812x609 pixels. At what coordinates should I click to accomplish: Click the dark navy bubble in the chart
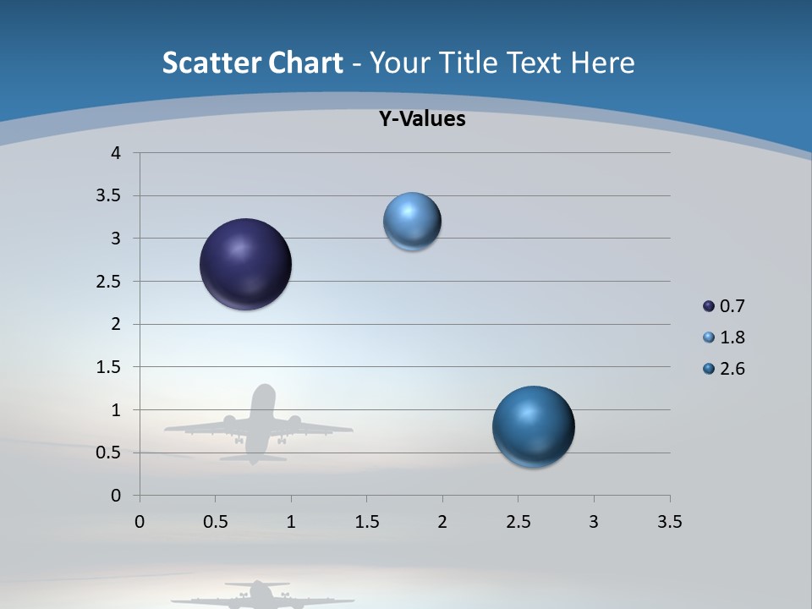click(x=245, y=264)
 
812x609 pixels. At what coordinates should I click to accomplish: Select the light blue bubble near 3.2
click(x=412, y=222)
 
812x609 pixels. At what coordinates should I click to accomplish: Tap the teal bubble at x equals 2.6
click(x=533, y=426)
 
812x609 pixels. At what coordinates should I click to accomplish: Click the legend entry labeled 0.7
click(x=724, y=306)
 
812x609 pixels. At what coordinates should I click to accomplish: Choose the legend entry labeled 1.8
click(x=724, y=337)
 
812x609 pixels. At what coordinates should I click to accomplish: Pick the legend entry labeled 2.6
click(x=724, y=369)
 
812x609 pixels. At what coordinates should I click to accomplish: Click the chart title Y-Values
click(x=422, y=119)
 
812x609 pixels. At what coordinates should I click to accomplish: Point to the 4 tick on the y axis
click(x=116, y=153)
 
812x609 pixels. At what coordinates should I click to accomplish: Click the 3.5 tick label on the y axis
click(x=109, y=196)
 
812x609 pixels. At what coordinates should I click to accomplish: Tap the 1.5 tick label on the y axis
click(x=109, y=367)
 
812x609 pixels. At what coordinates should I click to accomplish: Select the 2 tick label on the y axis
click(x=116, y=324)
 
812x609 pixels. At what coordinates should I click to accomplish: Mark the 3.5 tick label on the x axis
click(x=669, y=522)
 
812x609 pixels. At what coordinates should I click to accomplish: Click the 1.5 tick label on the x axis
click(x=366, y=522)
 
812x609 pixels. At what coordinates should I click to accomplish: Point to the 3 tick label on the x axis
click(x=594, y=522)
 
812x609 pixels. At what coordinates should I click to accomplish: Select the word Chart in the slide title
click(x=306, y=63)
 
